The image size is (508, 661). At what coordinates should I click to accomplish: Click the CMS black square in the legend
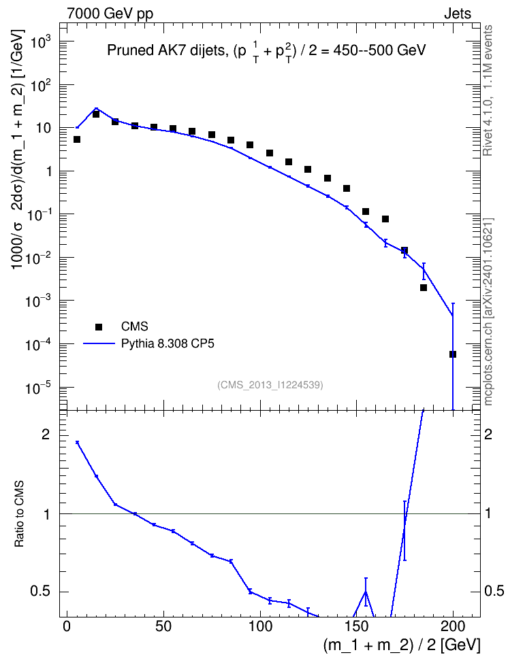click(x=99, y=326)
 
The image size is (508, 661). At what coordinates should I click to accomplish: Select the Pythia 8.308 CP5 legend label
click(x=168, y=344)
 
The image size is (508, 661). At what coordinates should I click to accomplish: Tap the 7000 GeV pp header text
click(x=110, y=14)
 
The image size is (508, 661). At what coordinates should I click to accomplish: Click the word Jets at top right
click(x=458, y=14)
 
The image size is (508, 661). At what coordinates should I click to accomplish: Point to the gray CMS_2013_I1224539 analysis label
click(x=270, y=385)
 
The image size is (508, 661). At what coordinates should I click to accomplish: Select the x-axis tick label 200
click(x=453, y=626)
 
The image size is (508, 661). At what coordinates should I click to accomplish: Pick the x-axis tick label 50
click(x=163, y=626)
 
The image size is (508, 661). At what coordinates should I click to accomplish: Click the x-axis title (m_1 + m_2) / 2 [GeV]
click(x=402, y=645)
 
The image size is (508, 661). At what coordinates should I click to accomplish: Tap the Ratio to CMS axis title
click(x=19, y=514)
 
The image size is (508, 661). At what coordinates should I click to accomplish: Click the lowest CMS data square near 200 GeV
click(x=453, y=354)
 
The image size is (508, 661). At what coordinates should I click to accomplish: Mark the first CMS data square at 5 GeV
click(x=77, y=139)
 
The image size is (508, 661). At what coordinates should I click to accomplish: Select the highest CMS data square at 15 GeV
click(x=96, y=114)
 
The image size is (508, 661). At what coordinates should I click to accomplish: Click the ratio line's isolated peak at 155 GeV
click(x=366, y=592)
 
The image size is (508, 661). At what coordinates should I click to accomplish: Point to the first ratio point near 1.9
click(x=77, y=442)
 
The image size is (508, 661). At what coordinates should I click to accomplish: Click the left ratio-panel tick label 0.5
click(x=40, y=592)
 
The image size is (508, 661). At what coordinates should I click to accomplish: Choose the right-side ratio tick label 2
click(x=488, y=435)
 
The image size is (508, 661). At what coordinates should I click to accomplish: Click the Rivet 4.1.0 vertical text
click(x=488, y=90)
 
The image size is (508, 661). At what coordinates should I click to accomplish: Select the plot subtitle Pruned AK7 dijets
click(x=166, y=50)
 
